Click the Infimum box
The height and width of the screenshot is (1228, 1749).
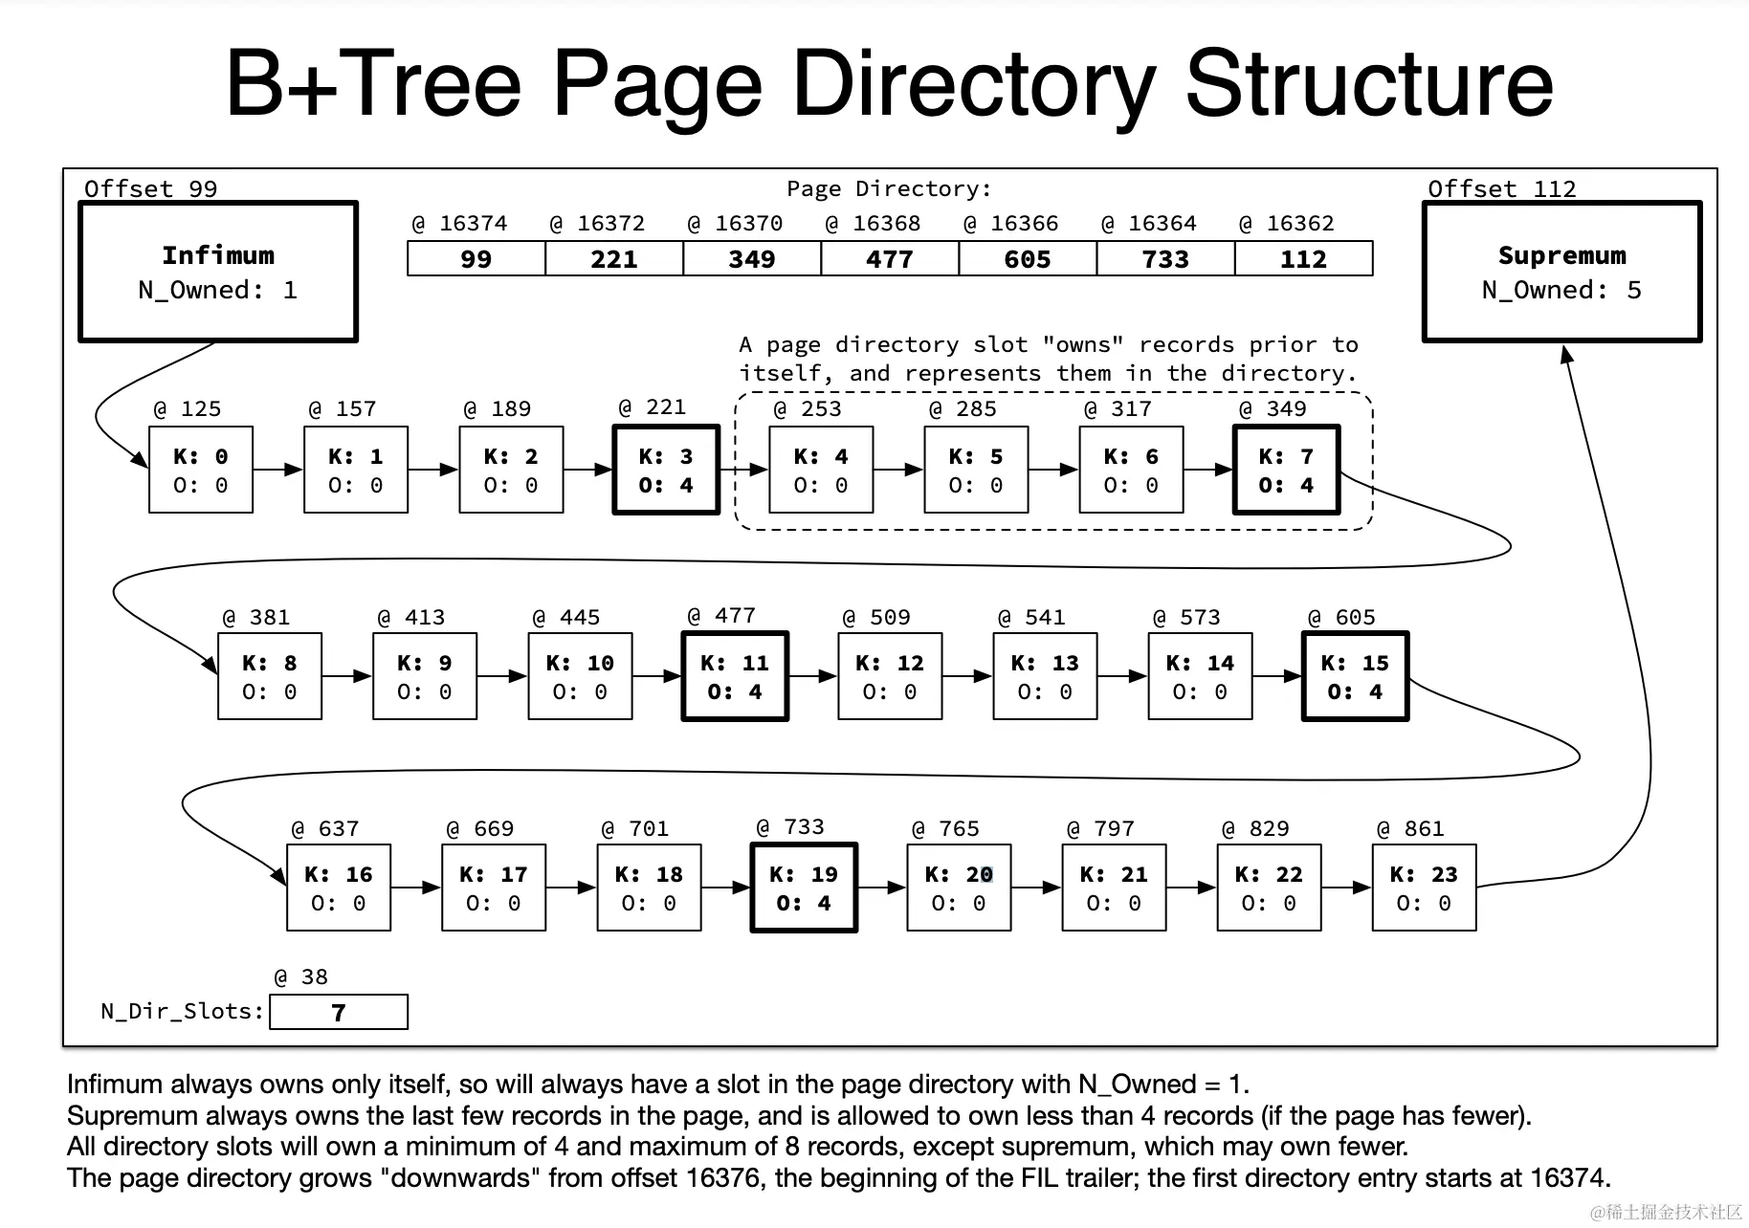pyautogui.click(x=218, y=272)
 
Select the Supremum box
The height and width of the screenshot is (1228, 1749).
pyautogui.click(x=1561, y=272)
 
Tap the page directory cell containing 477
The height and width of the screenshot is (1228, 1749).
pyautogui.click(x=889, y=259)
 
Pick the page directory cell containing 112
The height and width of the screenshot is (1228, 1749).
pyautogui.click(x=1303, y=259)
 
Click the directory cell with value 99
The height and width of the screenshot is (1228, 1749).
pyautogui.click(x=476, y=259)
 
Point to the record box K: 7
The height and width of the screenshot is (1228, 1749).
pyautogui.click(x=1286, y=471)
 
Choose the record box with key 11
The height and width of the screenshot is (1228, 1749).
pyautogui.click(x=735, y=677)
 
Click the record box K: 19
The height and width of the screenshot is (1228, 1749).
pyautogui.click(x=804, y=888)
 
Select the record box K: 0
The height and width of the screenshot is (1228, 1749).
pyautogui.click(x=201, y=471)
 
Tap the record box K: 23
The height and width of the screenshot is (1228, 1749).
pyautogui.click(x=1424, y=888)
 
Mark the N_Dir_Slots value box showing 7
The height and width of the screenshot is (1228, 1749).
pyautogui.click(x=339, y=1012)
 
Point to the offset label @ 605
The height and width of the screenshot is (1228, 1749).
pyautogui.click(x=1341, y=618)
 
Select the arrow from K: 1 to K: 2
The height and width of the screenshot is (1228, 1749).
pyautogui.click(x=433, y=470)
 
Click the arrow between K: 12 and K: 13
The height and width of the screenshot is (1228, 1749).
pyautogui.click(x=967, y=676)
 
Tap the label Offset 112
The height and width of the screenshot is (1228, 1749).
pyautogui.click(x=1501, y=188)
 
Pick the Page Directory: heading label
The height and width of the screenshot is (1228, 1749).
pyautogui.click(x=889, y=188)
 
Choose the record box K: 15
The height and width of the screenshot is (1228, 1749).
pyautogui.click(x=1355, y=677)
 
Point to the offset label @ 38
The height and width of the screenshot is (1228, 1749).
pyautogui.click(x=300, y=977)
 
